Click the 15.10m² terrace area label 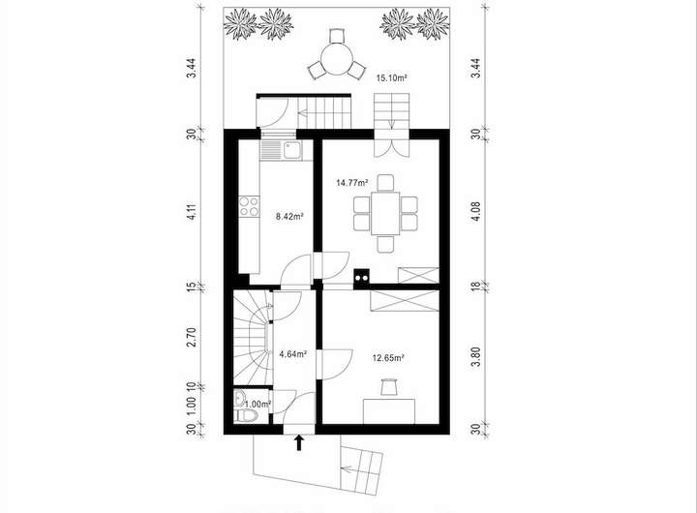(392, 78)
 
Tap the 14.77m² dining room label (352, 183)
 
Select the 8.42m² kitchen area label (289, 217)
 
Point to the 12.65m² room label (387, 358)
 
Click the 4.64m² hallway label (293, 354)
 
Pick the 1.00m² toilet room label (258, 404)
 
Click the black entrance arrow (299, 442)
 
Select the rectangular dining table (385, 213)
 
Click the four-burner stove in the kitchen (249, 207)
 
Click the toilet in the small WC (247, 416)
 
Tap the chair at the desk (388, 386)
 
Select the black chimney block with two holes (361, 278)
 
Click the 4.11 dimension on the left (192, 212)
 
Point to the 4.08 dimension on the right (475, 211)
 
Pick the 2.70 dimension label (192, 337)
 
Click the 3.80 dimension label (475, 357)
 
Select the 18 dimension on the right (475, 287)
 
